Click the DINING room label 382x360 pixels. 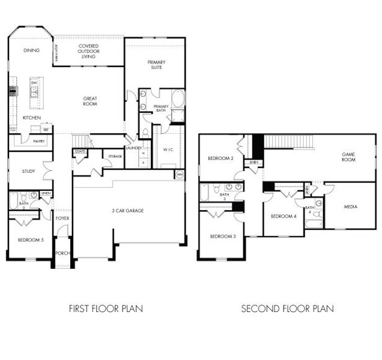click(32, 50)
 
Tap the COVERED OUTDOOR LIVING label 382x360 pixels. click(88, 51)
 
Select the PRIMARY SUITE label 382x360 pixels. click(157, 65)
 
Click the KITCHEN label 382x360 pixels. click(31, 118)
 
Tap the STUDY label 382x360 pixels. click(28, 171)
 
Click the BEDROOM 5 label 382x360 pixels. click(30, 239)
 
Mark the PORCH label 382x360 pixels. click(62, 253)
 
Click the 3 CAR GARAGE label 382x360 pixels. click(127, 211)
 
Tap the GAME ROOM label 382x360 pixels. click(348, 157)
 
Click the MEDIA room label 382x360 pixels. click(351, 206)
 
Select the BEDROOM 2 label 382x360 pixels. click(220, 158)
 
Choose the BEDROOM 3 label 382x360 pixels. click(223, 236)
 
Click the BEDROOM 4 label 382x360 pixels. click(283, 216)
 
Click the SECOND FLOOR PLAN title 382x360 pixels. click(288, 309)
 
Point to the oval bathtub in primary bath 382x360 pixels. click(178, 98)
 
